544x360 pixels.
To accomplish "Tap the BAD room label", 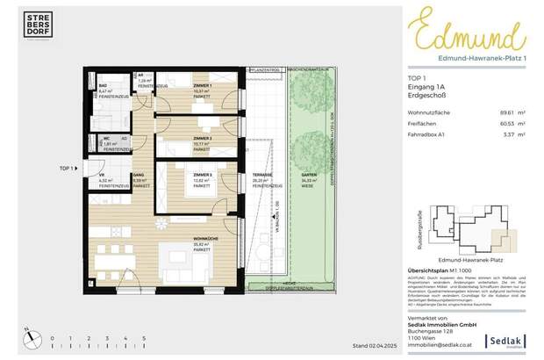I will point(103,86).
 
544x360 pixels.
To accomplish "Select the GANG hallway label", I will point(138,176).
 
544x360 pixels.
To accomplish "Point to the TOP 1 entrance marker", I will point(68,167).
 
